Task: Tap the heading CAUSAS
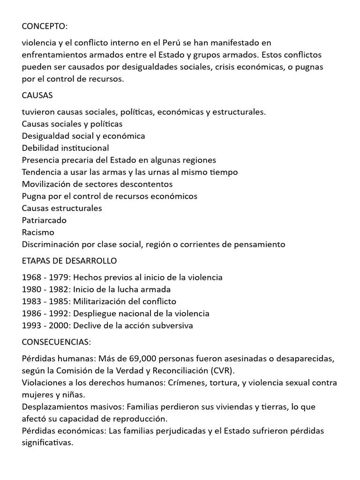click(37, 96)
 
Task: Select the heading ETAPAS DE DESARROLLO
click(69, 261)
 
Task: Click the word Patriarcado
click(44, 220)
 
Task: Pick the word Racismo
click(38, 232)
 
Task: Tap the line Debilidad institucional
click(65, 148)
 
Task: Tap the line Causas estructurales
click(62, 208)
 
